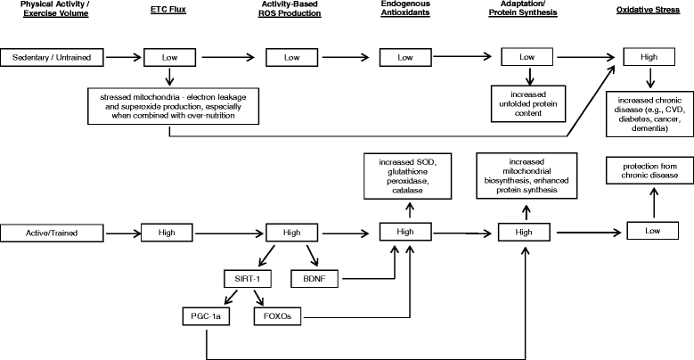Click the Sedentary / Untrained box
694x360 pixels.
[52, 58]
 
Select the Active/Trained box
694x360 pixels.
[52, 233]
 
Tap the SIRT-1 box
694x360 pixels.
[248, 279]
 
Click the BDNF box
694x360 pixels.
[314, 279]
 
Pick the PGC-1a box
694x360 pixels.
[207, 316]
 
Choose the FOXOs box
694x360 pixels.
[278, 316]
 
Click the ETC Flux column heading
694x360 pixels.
[168, 9]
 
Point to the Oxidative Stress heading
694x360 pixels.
[648, 10]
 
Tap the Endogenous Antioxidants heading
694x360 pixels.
[405, 8]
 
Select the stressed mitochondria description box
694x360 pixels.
[173, 106]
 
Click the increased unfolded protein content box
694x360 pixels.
[528, 103]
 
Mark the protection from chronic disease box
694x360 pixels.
[649, 170]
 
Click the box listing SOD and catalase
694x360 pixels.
[408, 176]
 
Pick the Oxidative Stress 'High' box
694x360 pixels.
[649, 57]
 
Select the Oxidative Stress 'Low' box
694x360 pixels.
[652, 231]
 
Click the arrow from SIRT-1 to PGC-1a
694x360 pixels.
[231, 298]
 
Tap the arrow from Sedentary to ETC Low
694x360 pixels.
[124, 58]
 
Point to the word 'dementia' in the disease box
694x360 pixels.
[649, 128]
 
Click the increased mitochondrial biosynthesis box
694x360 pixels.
[527, 176]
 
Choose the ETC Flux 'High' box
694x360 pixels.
[167, 233]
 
